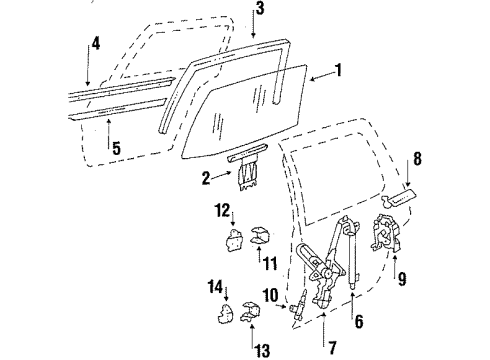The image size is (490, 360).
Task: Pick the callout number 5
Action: coord(115,147)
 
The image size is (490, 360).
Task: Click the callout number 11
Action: coord(266,262)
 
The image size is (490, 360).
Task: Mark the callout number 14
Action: coord(213,287)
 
